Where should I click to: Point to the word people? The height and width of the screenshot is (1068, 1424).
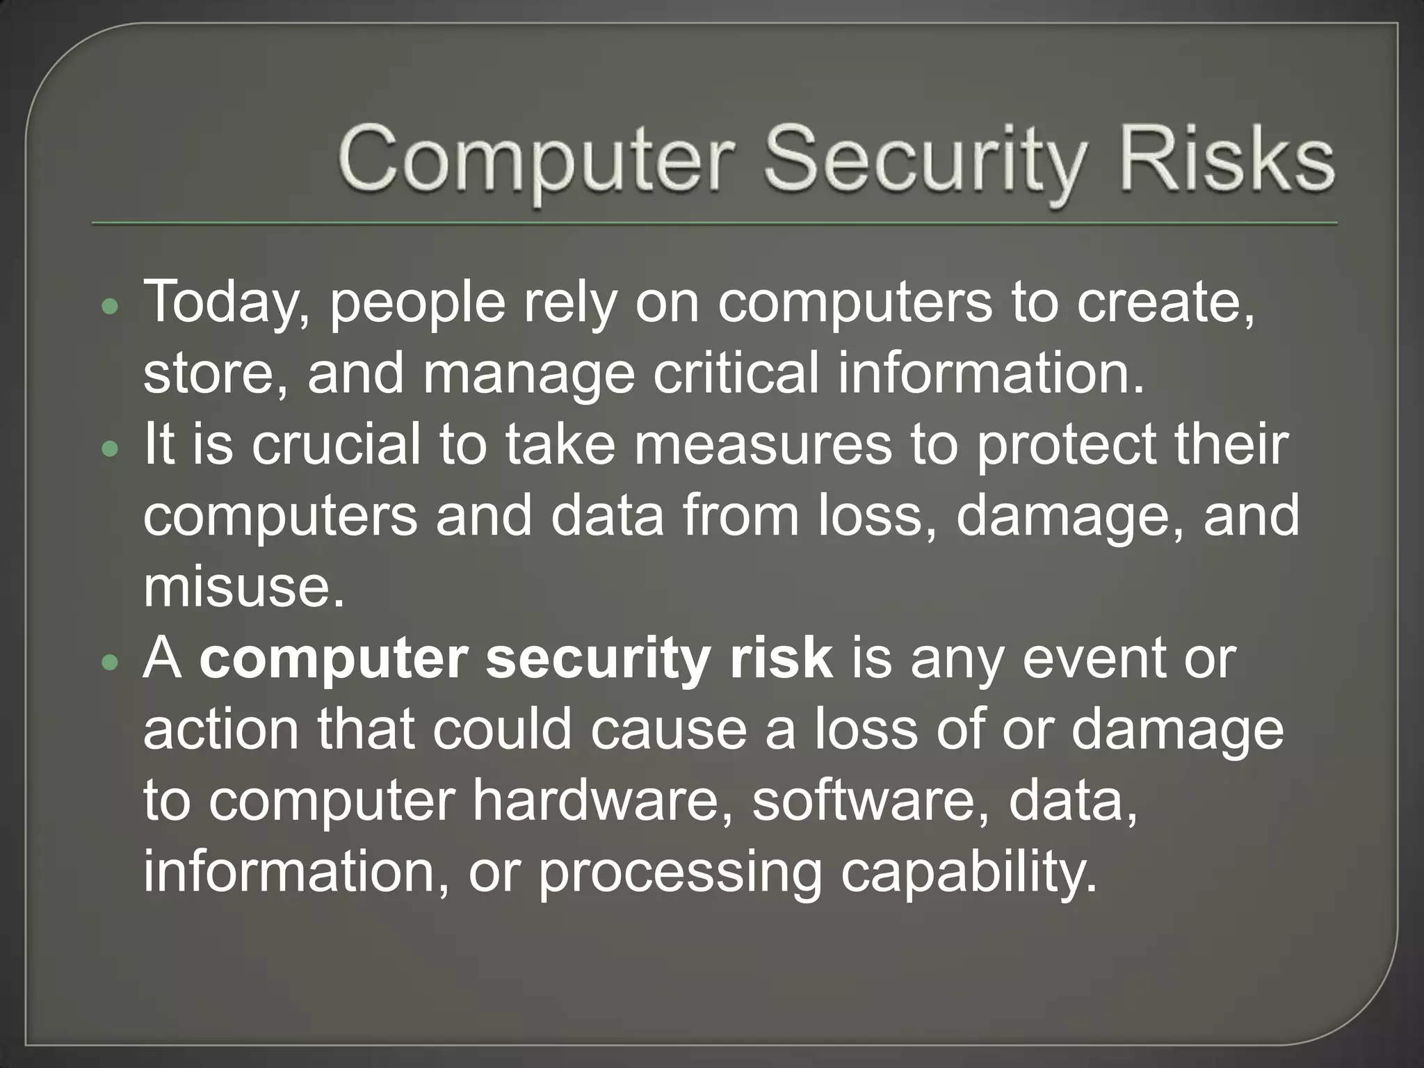click(x=417, y=304)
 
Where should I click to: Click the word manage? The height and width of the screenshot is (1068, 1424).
click(x=528, y=374)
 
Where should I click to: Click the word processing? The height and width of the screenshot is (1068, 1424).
click(x=681, y=871)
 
